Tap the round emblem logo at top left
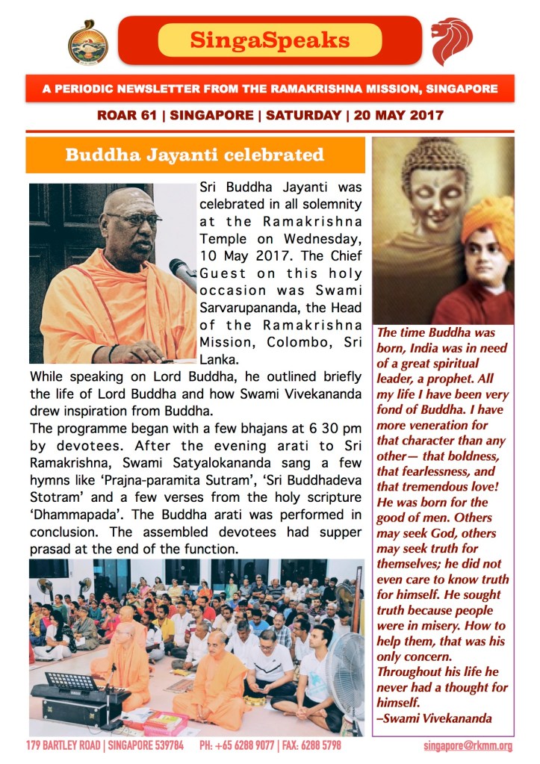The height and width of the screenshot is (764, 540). [x=88, y=42]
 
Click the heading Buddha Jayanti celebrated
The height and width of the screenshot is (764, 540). [x=194, y=155]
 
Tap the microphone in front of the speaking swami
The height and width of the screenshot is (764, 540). [x=184, y=273]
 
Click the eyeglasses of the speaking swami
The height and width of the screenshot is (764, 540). [x=133, y=219]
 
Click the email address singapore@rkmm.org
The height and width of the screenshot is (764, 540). [x=468, y=746]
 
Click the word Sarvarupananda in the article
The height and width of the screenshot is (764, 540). [x=246, y=308]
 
